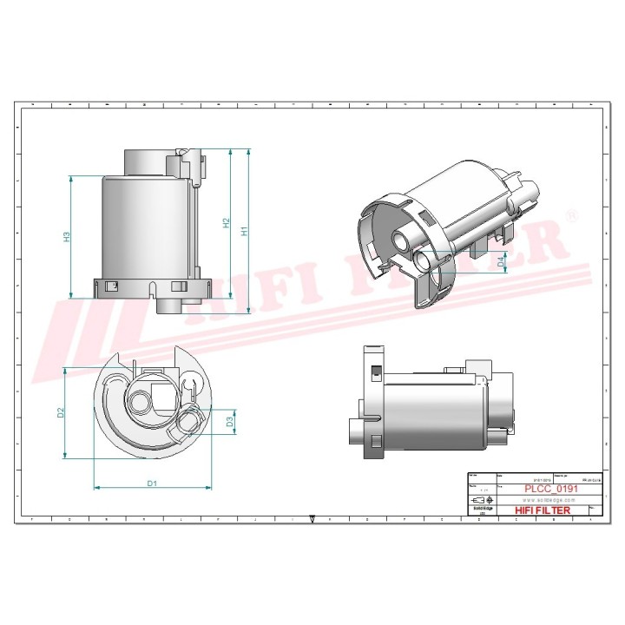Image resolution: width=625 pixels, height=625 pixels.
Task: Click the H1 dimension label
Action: (x=245, y=231)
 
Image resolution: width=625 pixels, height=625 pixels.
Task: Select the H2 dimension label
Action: (x=226, y=224)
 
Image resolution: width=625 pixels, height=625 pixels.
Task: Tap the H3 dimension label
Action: (x=67, y=237)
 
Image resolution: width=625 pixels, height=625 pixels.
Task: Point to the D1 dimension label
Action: (x=151, y=483)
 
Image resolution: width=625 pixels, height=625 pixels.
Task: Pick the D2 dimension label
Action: (x=61, y=413)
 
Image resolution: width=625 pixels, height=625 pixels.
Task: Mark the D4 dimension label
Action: (x=501, y=261)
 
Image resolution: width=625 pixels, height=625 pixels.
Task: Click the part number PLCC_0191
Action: (x=552, y=489)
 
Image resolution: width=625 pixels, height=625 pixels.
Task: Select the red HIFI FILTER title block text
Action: (x=543, y=510)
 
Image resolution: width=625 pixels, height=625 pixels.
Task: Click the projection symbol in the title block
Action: (x=480, y=501)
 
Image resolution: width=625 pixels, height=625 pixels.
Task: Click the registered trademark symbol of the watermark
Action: (x=570, y=214)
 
